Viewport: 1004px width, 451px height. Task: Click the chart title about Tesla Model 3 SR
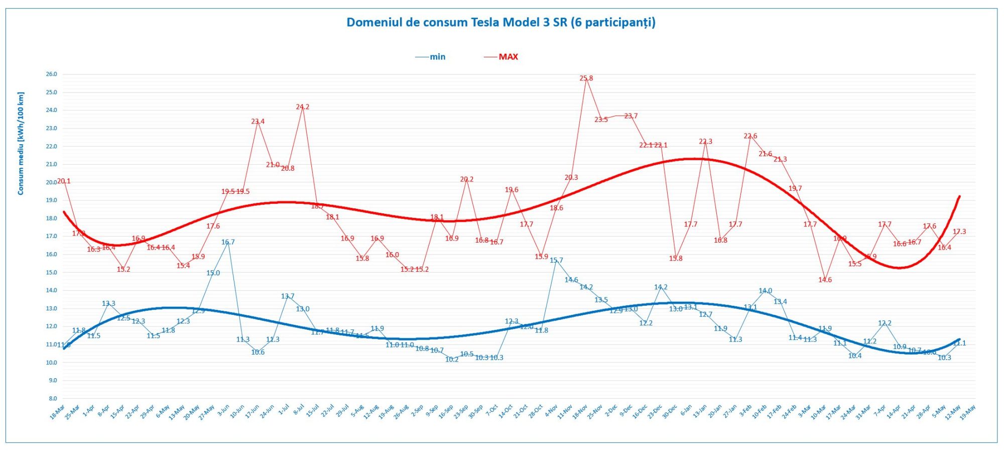tap(501, 23)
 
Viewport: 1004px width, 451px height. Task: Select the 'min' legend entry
tap(437, 57)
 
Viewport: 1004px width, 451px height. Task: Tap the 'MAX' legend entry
tap(508, 57)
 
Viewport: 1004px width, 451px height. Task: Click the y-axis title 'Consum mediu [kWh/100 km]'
tap(21, 144)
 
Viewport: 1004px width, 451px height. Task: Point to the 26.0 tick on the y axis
tap(51, 74)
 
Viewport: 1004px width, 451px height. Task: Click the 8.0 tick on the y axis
tap(52, 398)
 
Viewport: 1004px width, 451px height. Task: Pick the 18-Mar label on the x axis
tap(57, 412)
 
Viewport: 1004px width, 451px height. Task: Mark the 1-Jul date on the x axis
tap(284, 410)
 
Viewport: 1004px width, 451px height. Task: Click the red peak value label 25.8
tap(586, 78)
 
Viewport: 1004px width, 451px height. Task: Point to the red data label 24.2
tap(302, 107)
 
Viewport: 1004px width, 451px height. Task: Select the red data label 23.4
tap(258, 122)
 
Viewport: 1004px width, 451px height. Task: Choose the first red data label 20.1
tap(64, 181)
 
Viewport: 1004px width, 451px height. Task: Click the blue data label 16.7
tap(228, 242)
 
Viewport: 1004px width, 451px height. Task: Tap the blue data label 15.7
tap(556, 261)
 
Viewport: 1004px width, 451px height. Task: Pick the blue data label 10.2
tap(452, 360)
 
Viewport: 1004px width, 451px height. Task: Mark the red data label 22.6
tap(750, 136)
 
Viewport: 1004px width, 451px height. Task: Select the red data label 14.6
tap(825, 280)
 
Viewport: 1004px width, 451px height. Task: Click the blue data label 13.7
tap(288, 296)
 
